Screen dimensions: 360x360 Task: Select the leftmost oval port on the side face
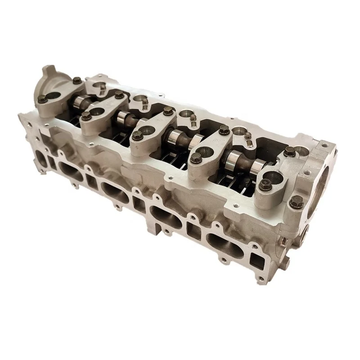(x=69, y=168)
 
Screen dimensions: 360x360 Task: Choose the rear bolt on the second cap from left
(x=118, y=94)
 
